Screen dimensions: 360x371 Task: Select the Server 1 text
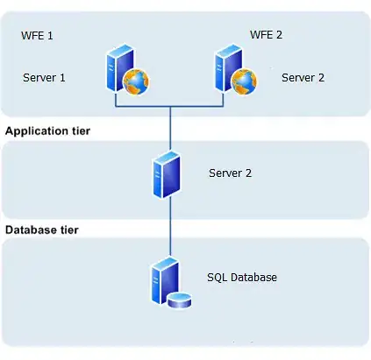click(45, 77)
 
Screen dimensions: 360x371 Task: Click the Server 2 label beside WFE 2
click(303, 77)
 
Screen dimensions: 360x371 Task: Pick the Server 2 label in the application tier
click(231, 173)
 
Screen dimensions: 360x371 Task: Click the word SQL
click(217, 278)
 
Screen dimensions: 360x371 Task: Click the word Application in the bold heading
click(32, 131)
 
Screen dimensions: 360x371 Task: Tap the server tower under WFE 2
click(224, 69)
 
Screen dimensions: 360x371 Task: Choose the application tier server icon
click(165, 175)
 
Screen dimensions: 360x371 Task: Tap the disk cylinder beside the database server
click(180, 301)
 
